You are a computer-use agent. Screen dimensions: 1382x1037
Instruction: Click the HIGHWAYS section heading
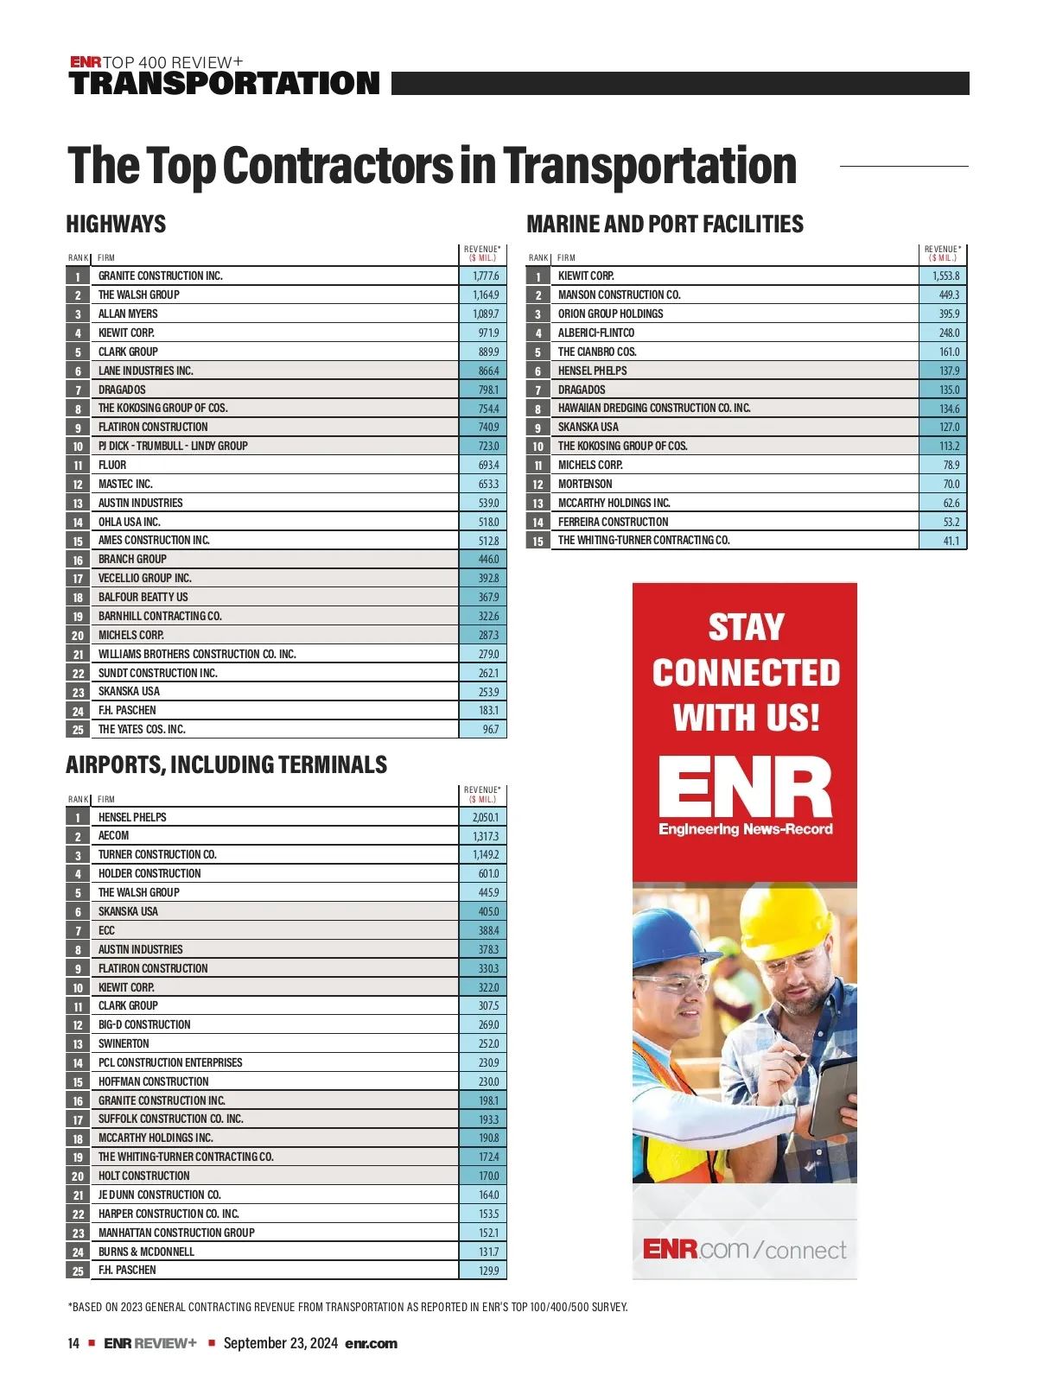pos(116,225)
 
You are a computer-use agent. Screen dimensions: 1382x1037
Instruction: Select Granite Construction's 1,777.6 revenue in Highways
pos(485,276)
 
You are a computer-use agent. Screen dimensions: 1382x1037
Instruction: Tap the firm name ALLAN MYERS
pos(128,314)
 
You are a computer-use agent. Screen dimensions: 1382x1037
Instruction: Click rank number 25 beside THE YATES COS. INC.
pos(78,730)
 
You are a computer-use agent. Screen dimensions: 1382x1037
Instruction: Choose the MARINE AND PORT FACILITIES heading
pos(665,225)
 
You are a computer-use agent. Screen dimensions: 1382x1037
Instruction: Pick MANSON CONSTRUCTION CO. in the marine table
pos(619,295)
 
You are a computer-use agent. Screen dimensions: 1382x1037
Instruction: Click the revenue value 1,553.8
pos(945,276)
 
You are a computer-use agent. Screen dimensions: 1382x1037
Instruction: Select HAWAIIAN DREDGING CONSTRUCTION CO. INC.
pos(654,409)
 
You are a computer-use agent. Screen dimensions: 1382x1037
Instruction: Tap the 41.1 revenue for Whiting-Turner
pos(951,542)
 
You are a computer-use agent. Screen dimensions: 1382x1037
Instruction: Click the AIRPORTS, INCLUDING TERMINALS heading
pos(226,765)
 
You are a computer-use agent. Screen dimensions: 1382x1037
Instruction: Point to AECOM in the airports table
pos(113,836)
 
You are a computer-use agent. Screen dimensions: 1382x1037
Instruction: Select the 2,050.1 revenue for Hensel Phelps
pos(485,817)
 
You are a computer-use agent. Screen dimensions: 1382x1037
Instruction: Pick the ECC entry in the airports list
pos(106,931)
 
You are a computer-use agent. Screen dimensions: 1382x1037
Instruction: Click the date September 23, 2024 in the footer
pos(280,1343)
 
